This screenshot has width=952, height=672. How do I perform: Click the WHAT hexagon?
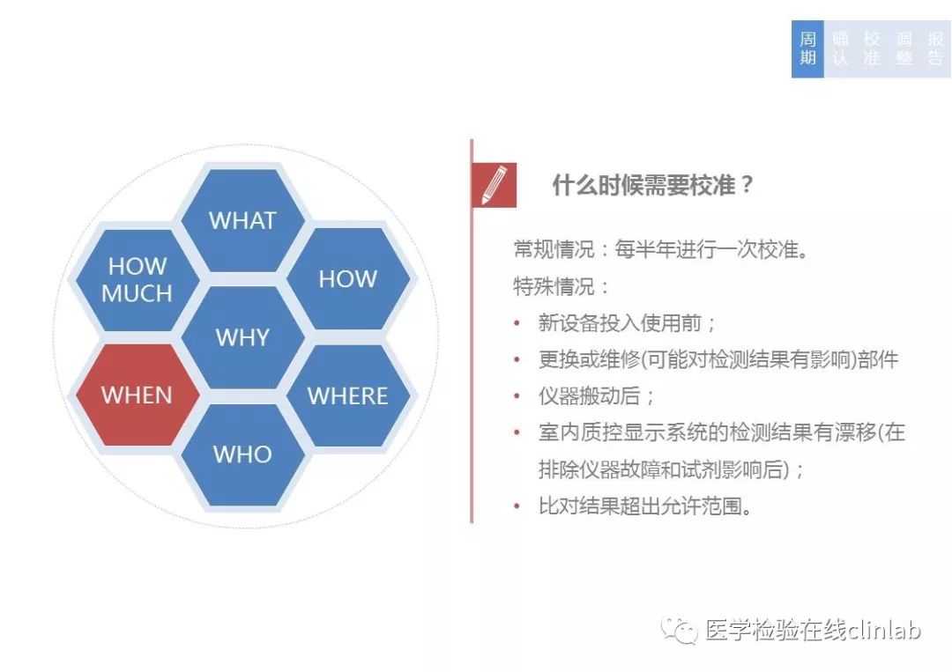pyautogui.click(x=243, y=220)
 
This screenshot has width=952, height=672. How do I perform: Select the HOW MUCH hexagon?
pyautogui.click(x=138, y=279)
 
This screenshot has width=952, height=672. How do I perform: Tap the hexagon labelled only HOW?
pyautogui.click(x=348, y=278)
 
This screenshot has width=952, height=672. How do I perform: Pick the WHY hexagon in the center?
pyautogui.click(x=243, y=337)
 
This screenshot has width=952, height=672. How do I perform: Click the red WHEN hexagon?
pyautogui.click(x=138, y=395)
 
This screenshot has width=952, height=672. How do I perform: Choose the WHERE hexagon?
pyautogui.click(x=348, y=395)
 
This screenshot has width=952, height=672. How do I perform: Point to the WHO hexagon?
pyautogui.click(x=243, y=454)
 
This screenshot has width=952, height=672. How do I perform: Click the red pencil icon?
pyautogui.click(x=495, y=185)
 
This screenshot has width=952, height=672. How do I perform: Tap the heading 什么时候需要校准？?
pyautogui.click(x=652, y=184)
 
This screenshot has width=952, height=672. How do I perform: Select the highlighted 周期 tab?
pyautogui.click(x=807, y=48)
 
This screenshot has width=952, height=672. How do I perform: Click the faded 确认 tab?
pyautogui.click(x=840, y=48)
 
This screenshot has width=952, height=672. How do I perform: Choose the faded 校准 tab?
pyautogui.click(x=872, y=48)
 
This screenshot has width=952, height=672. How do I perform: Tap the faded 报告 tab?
pyautogui.click(x=935, y=48)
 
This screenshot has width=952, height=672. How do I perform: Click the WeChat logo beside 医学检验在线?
pyautogui.click(x=680, y=631)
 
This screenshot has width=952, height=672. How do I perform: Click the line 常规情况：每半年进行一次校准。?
pyautogui.click(x=661, y=249)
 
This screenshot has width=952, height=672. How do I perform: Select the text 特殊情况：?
pyautogui.click(x=562, y=286)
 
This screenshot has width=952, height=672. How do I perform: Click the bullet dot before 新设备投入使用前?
pyautogui.click(x=517, y=323)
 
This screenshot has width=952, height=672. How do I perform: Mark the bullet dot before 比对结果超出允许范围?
pyautogui.click(x=517, y=506)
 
